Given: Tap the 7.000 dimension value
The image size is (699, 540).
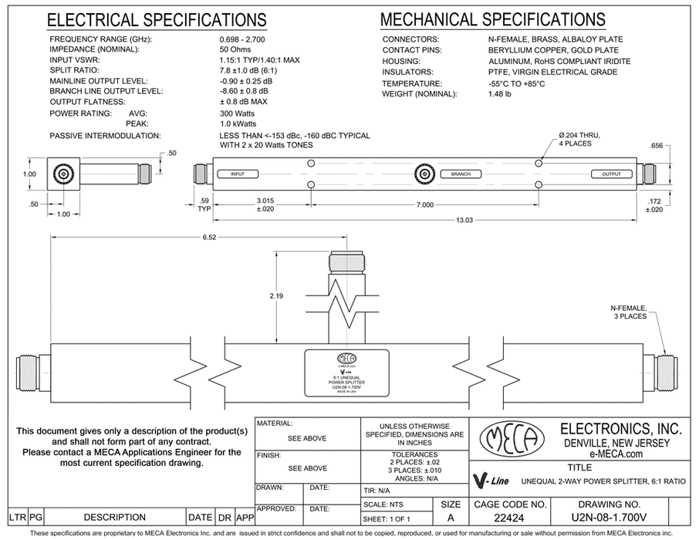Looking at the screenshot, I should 423,204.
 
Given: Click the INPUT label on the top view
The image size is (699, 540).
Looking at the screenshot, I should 237,175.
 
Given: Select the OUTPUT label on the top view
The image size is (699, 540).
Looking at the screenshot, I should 611,175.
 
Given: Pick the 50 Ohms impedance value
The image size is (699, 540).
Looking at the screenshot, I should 236,49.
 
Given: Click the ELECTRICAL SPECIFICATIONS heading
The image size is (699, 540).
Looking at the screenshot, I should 157,19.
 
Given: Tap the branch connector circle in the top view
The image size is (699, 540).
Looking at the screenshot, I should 423,175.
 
